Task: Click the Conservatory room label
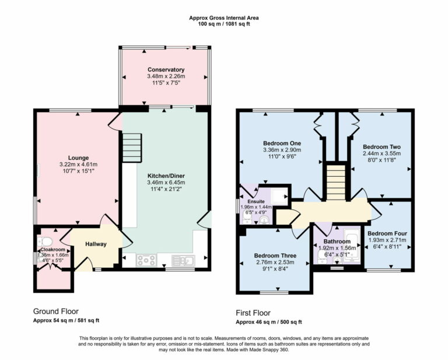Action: click(x=166, y=69)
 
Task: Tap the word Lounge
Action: click(x=78, y=158)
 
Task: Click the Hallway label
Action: click(x=96, y=244)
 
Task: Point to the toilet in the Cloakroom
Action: click(x=44, y=242)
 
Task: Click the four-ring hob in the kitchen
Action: click(x=145, y=261)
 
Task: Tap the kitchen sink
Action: click(x=182, y=261)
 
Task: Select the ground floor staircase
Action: click(x=132, y=144)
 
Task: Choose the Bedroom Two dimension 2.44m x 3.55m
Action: click(x=380, y=154)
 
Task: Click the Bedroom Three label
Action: click(x=275, y=256)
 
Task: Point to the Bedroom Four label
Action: click(x=387, y=233)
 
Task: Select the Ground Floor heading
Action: click(x=55, y=312)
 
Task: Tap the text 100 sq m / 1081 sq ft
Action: click(x=224, y=25)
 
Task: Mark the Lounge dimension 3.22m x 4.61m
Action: click(x=78, y=165)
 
